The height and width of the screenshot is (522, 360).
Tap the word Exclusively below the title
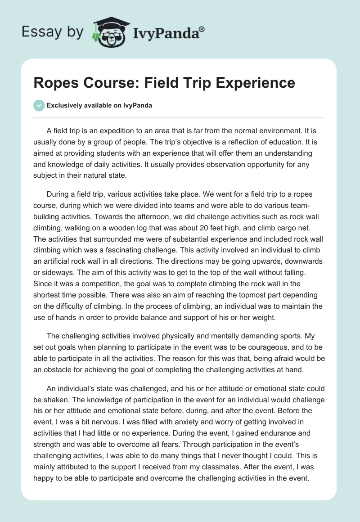pos(65,105)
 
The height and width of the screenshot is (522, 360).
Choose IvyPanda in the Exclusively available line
pos(140,105)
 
